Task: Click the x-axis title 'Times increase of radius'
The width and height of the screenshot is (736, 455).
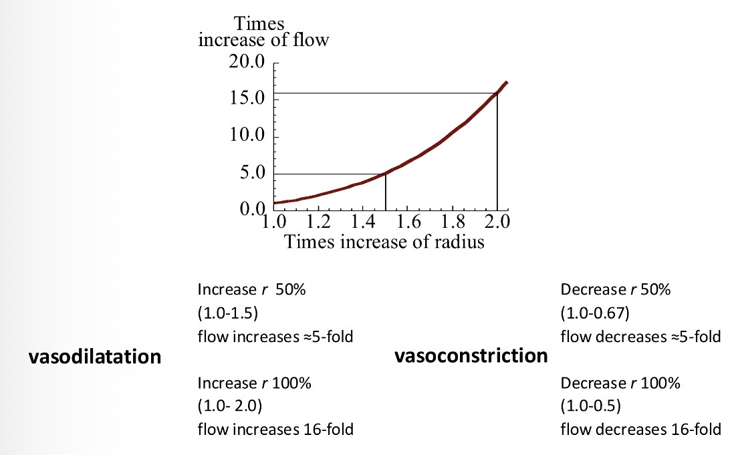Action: coord(383,241)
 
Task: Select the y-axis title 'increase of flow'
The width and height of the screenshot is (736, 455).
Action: coord(263,40)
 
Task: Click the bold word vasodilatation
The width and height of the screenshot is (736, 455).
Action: coord(94,357)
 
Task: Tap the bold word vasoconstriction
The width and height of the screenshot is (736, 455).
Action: coord(471,355)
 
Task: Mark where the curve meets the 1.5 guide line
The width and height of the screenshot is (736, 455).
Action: coord(386,173)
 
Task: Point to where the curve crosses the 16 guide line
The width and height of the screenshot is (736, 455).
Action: coord(497,93)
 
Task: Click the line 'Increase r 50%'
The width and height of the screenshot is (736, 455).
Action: coord(247,290)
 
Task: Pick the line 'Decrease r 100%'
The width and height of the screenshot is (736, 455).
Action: coord(620,384)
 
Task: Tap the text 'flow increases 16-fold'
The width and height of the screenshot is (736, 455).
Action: coord(275,429)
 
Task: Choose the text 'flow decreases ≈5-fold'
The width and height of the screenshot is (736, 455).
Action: coord(640,336)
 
